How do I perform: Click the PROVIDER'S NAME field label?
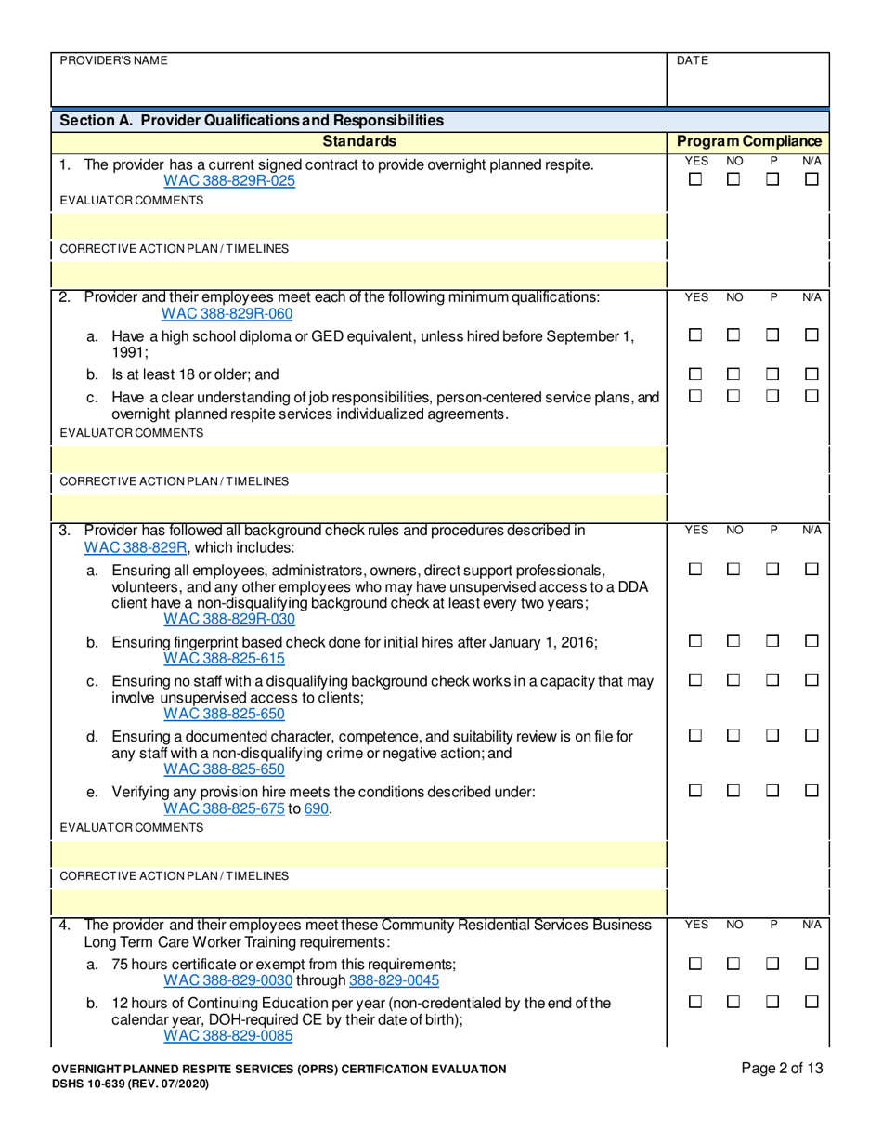coord(113,60)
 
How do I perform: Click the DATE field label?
coord(693,60)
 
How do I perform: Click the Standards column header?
coord(359,141)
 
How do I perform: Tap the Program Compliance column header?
coord(748,141)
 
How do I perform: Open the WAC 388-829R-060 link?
coord(227,313)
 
